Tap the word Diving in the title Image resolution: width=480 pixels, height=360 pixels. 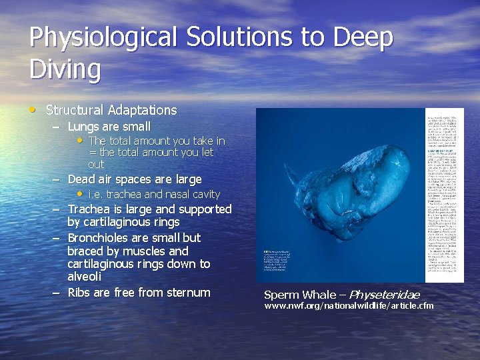click(x=65, y=69)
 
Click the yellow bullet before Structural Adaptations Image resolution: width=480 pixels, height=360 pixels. click(x=34, y=109)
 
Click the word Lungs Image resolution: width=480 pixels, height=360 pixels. click(x=84, y=126)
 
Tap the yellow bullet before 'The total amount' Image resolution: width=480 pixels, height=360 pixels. click(x=80, y=140)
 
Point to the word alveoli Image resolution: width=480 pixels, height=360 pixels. click(x=84, y=277)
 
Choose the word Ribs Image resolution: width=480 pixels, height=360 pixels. click(x=80, y=292)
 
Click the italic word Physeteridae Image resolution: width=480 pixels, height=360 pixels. click(x=384, y=295)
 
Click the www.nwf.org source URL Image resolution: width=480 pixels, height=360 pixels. click(x=349, y=306)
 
